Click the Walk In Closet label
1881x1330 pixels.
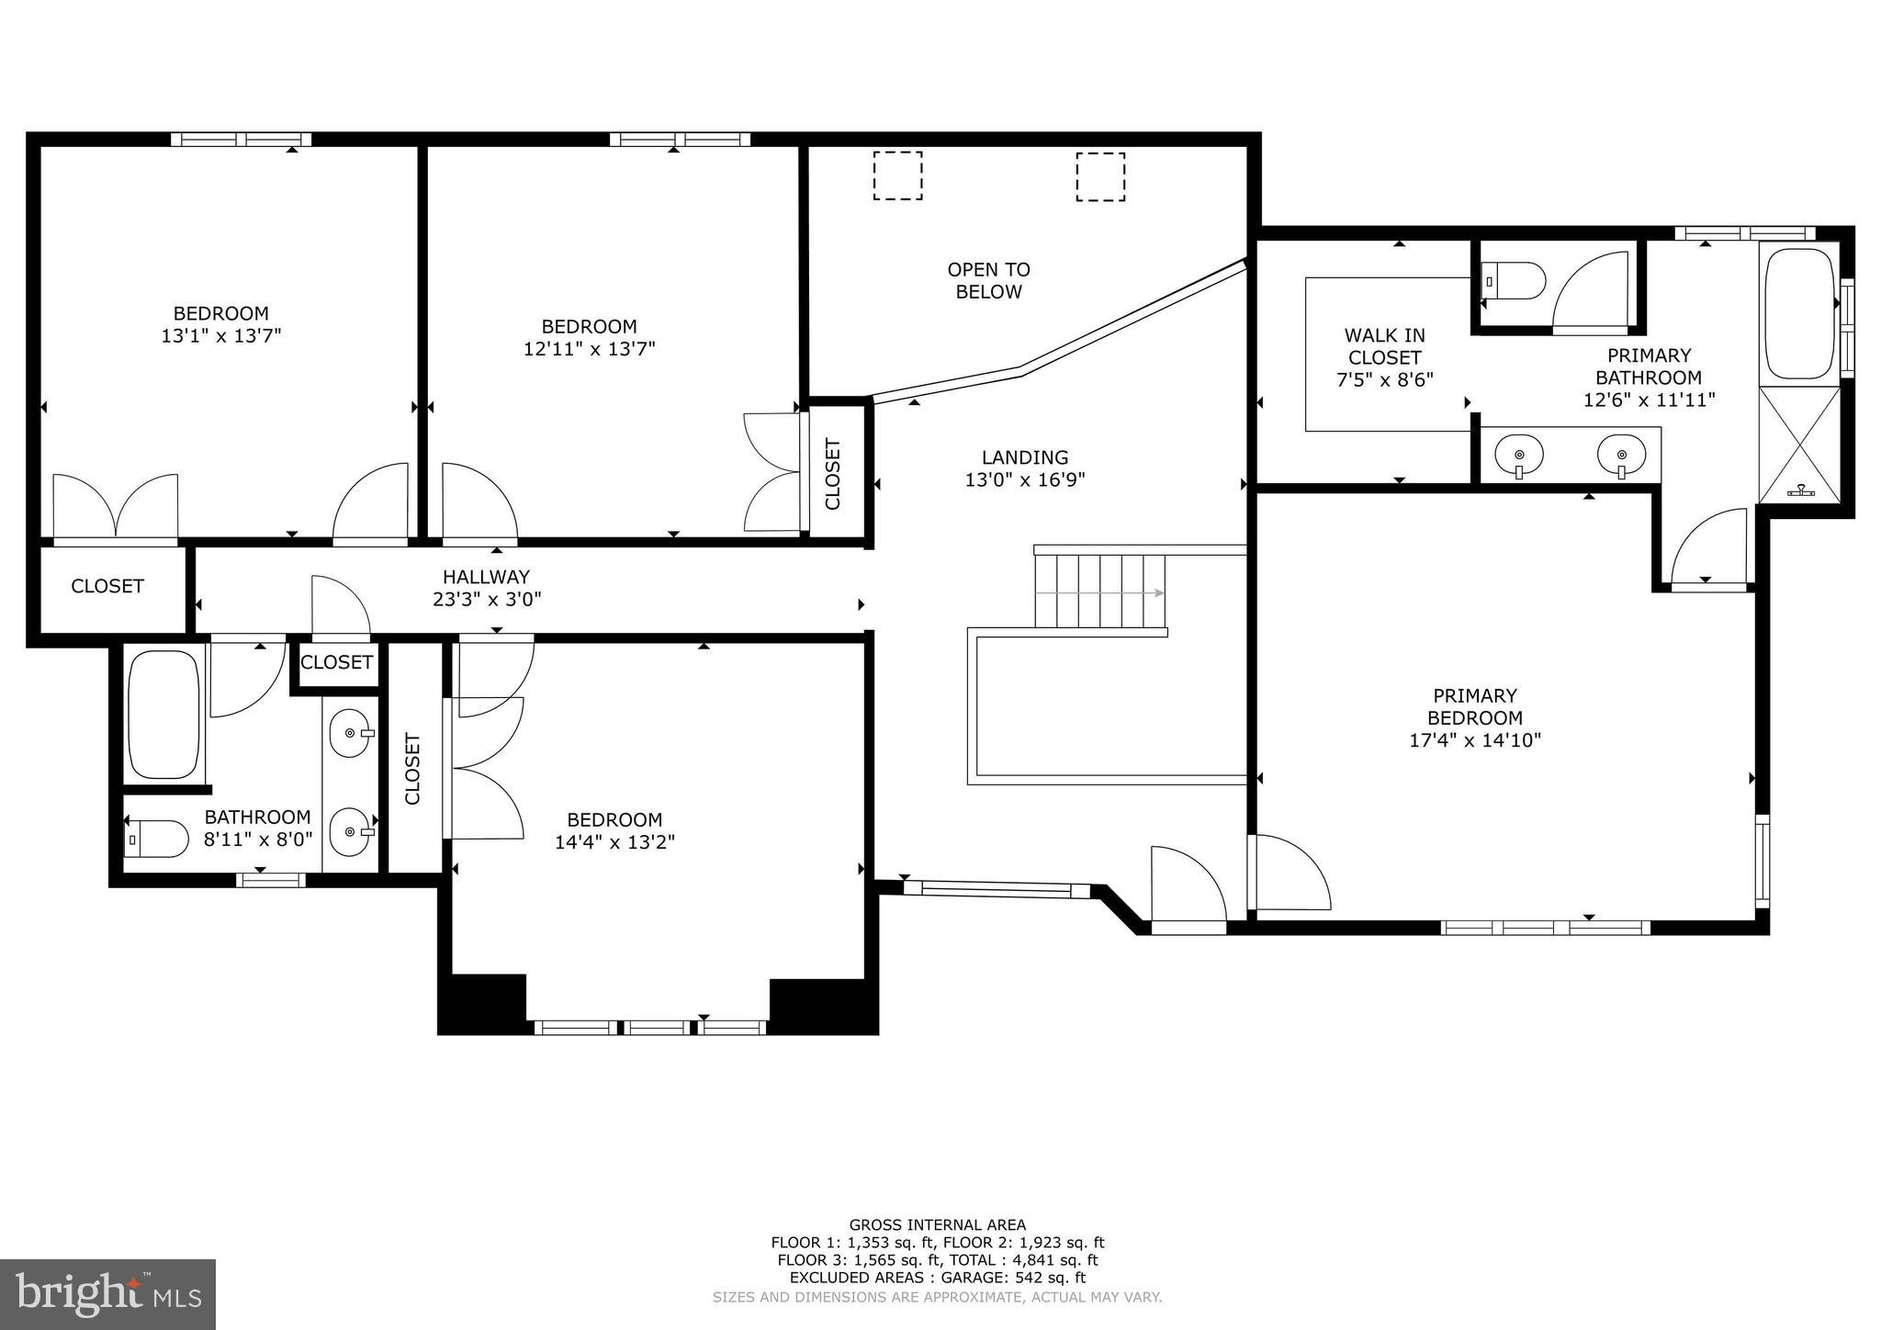[x=1384, y=357]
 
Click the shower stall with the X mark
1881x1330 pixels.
[x=1799, y=445]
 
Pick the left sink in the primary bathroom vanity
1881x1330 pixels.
[x=1519, y=455]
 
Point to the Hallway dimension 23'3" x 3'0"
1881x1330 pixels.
[x=487, y=600]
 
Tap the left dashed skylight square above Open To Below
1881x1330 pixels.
[x=897, y=175]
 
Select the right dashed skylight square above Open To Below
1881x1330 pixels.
[x=1100, y=176]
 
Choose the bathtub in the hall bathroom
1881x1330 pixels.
[x=163, y=715]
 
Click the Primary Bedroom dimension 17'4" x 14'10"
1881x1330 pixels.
[x=1475, y=740]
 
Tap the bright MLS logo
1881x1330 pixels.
[x=107, y=1294]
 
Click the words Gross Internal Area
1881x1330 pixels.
[x=937, y=1224]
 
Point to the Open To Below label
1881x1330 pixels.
[x=988, y=280]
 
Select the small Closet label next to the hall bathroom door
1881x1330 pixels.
[x=336, y=662]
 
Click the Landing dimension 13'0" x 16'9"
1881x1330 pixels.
[x=1025, y=479]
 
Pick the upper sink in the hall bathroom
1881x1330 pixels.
[x=350, y=733]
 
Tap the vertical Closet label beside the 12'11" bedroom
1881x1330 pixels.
[x=833, y=474]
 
